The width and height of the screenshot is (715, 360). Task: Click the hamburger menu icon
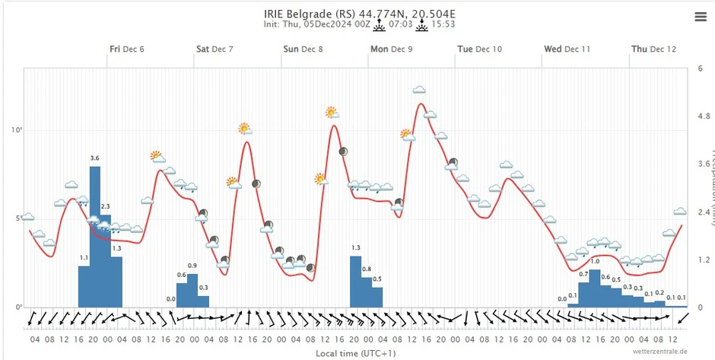tap(700, 16)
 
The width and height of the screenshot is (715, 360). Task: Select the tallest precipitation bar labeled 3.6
tap(95, 236)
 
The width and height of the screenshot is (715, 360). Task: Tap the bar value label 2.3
tap(105, 206)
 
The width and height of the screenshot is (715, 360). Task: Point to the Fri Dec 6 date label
tap(127, 49)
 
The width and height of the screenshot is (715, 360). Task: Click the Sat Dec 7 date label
tap(214, 49)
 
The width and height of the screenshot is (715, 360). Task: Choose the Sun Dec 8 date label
tap(303, 49)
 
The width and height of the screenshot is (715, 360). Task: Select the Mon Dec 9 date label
tap(391, 49)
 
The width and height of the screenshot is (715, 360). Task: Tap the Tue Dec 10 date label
tap(479, 49)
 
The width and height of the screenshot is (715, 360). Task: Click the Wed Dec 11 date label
tap(567, 49)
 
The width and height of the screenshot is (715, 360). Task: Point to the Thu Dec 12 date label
tap(653, 49)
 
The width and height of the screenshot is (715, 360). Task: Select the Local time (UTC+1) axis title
tap(356, 353)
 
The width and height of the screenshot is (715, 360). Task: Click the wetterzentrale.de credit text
tap(659, 352)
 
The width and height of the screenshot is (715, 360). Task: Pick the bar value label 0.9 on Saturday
tap(192, 266)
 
